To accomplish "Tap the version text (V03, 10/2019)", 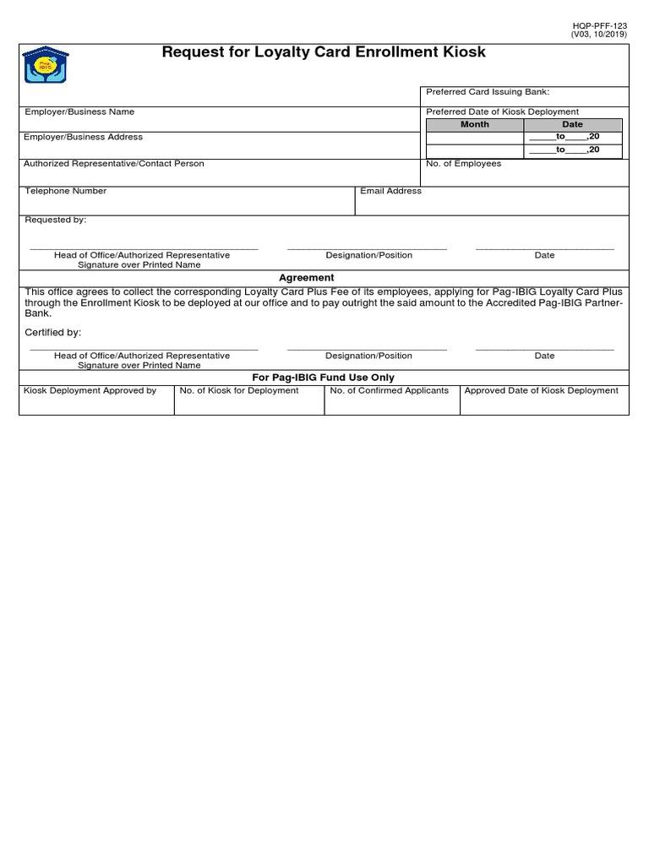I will click(599, 36).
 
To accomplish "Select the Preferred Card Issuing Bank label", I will click(488, 92).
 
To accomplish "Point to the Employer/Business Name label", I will click(79, 112).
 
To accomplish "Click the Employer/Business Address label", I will click(83, 137).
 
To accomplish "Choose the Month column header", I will click(474, 124).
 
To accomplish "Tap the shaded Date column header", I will click(572, 124).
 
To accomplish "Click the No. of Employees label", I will click(463, 164).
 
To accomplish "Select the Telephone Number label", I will click(66, 191).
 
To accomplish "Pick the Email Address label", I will click(390, 191).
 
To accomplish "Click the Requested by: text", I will click(55, 220).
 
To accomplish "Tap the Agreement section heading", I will click(307, 277).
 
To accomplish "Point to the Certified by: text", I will click(53, 333).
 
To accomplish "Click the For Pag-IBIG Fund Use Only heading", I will click(324, 378).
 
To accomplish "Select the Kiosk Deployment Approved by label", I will click(90, 390).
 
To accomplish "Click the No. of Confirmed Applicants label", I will click(389, 390).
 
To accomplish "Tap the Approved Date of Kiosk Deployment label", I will click(541, 390).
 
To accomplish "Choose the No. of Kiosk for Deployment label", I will click(239, 390).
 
